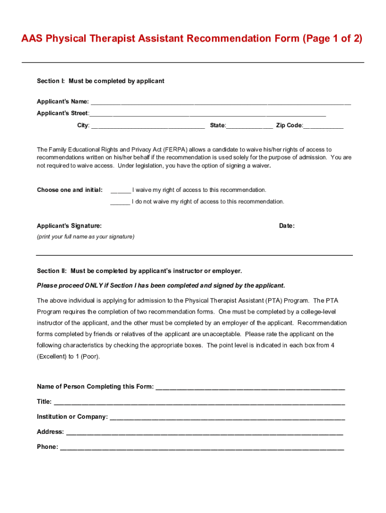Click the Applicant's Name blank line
coord(221,102)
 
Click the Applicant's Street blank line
coord(208,114)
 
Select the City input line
coord(148,126)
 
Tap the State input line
coord(250,126)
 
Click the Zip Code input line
coord(323,126)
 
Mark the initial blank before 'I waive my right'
coord(120,191)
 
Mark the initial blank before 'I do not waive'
coord(120,202)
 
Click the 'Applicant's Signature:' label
coord(69,226)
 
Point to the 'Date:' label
coord(287,226)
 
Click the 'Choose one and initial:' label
coord(70,190)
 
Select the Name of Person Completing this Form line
coord(251,388)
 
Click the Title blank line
coord(199,403)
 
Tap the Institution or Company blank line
coord(227,418)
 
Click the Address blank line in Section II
coord(205,433)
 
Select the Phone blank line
coord(202,448)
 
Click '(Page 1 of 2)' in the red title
coord(332,39)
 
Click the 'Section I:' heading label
coord(51,81)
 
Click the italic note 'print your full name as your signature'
coord(86,236)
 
